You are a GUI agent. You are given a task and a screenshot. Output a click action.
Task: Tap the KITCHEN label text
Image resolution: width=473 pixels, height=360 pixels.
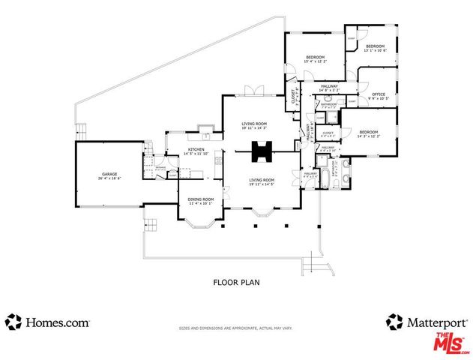(x=196, y=150)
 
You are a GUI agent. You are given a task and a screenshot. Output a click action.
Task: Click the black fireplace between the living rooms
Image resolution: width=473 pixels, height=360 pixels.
(x=262, y=151)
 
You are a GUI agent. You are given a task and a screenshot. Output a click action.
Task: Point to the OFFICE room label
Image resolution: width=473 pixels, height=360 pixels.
(x=378, y=94)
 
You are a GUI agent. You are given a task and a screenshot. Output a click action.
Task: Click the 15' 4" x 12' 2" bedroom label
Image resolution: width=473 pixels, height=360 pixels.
(x=315, y=58)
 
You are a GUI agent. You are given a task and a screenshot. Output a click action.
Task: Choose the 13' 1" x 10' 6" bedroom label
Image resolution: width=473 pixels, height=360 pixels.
(x=374, y=47)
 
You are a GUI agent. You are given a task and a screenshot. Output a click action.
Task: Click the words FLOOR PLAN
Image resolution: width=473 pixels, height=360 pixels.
(x=236, y=283)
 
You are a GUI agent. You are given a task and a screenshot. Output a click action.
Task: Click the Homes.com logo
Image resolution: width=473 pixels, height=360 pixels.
(x=48, y=322)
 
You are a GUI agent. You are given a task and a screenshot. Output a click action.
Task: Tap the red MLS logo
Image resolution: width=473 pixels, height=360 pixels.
(x=450, y=343)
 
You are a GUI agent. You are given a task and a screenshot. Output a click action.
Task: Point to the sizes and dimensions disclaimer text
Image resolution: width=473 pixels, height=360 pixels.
(x=236, y=328)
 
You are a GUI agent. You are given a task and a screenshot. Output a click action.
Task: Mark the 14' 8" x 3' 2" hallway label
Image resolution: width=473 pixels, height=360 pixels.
(x=329, y=87)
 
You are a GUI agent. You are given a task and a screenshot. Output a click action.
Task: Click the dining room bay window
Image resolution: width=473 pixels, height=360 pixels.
(x=200, y=222)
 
